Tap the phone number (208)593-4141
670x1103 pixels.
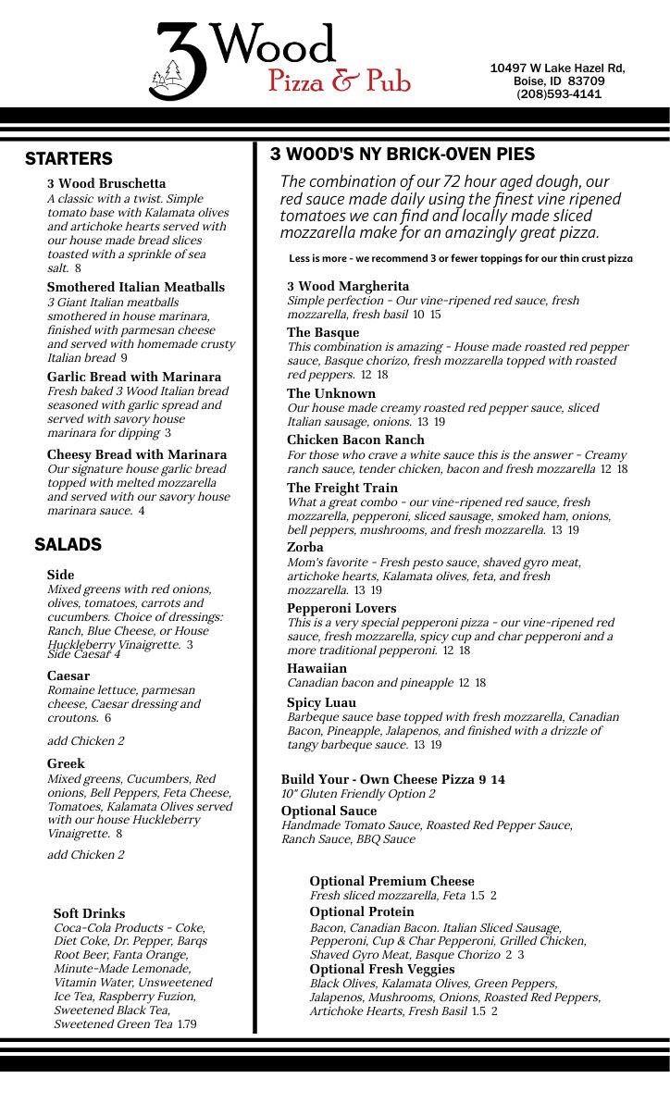pyautogui.click(x=558, y=94)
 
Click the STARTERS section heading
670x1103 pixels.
pyautogui.click(x=68, y=159)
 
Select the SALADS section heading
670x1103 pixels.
pyautogui.click(x=68, y=544)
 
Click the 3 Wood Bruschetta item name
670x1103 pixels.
pyautogui.click(x=106, y=184)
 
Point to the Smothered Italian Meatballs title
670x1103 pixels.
pyautogui.click(x=136, y=288)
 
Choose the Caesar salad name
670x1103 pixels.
pyautogui.click(x=68, y=676)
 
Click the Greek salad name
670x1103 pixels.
pyautogui.click(x=66, y=764)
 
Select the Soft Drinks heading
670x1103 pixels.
pyautogui.click(x=89, y=914)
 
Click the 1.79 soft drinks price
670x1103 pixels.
pyautogui.click(x=187, y=1024)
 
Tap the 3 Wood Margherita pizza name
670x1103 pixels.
pyautogui.click(x=348, y=287)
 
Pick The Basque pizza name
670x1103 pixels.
pyautogui.click(x=323, y=333)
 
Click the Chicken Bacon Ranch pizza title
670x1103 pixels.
pyautogui.click(x=355, y=440)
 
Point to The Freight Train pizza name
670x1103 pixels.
pyautogui.click(x=342, y=489)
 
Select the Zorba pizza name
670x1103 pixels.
pyautogui.click(x=305, y=548)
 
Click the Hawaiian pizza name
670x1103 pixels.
pyautogui.click(x=316, y=669)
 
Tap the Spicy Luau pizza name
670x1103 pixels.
pyautogui.click(x=321, y=703)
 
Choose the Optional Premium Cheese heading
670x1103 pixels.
pyautogui.click(x=391, y=882)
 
